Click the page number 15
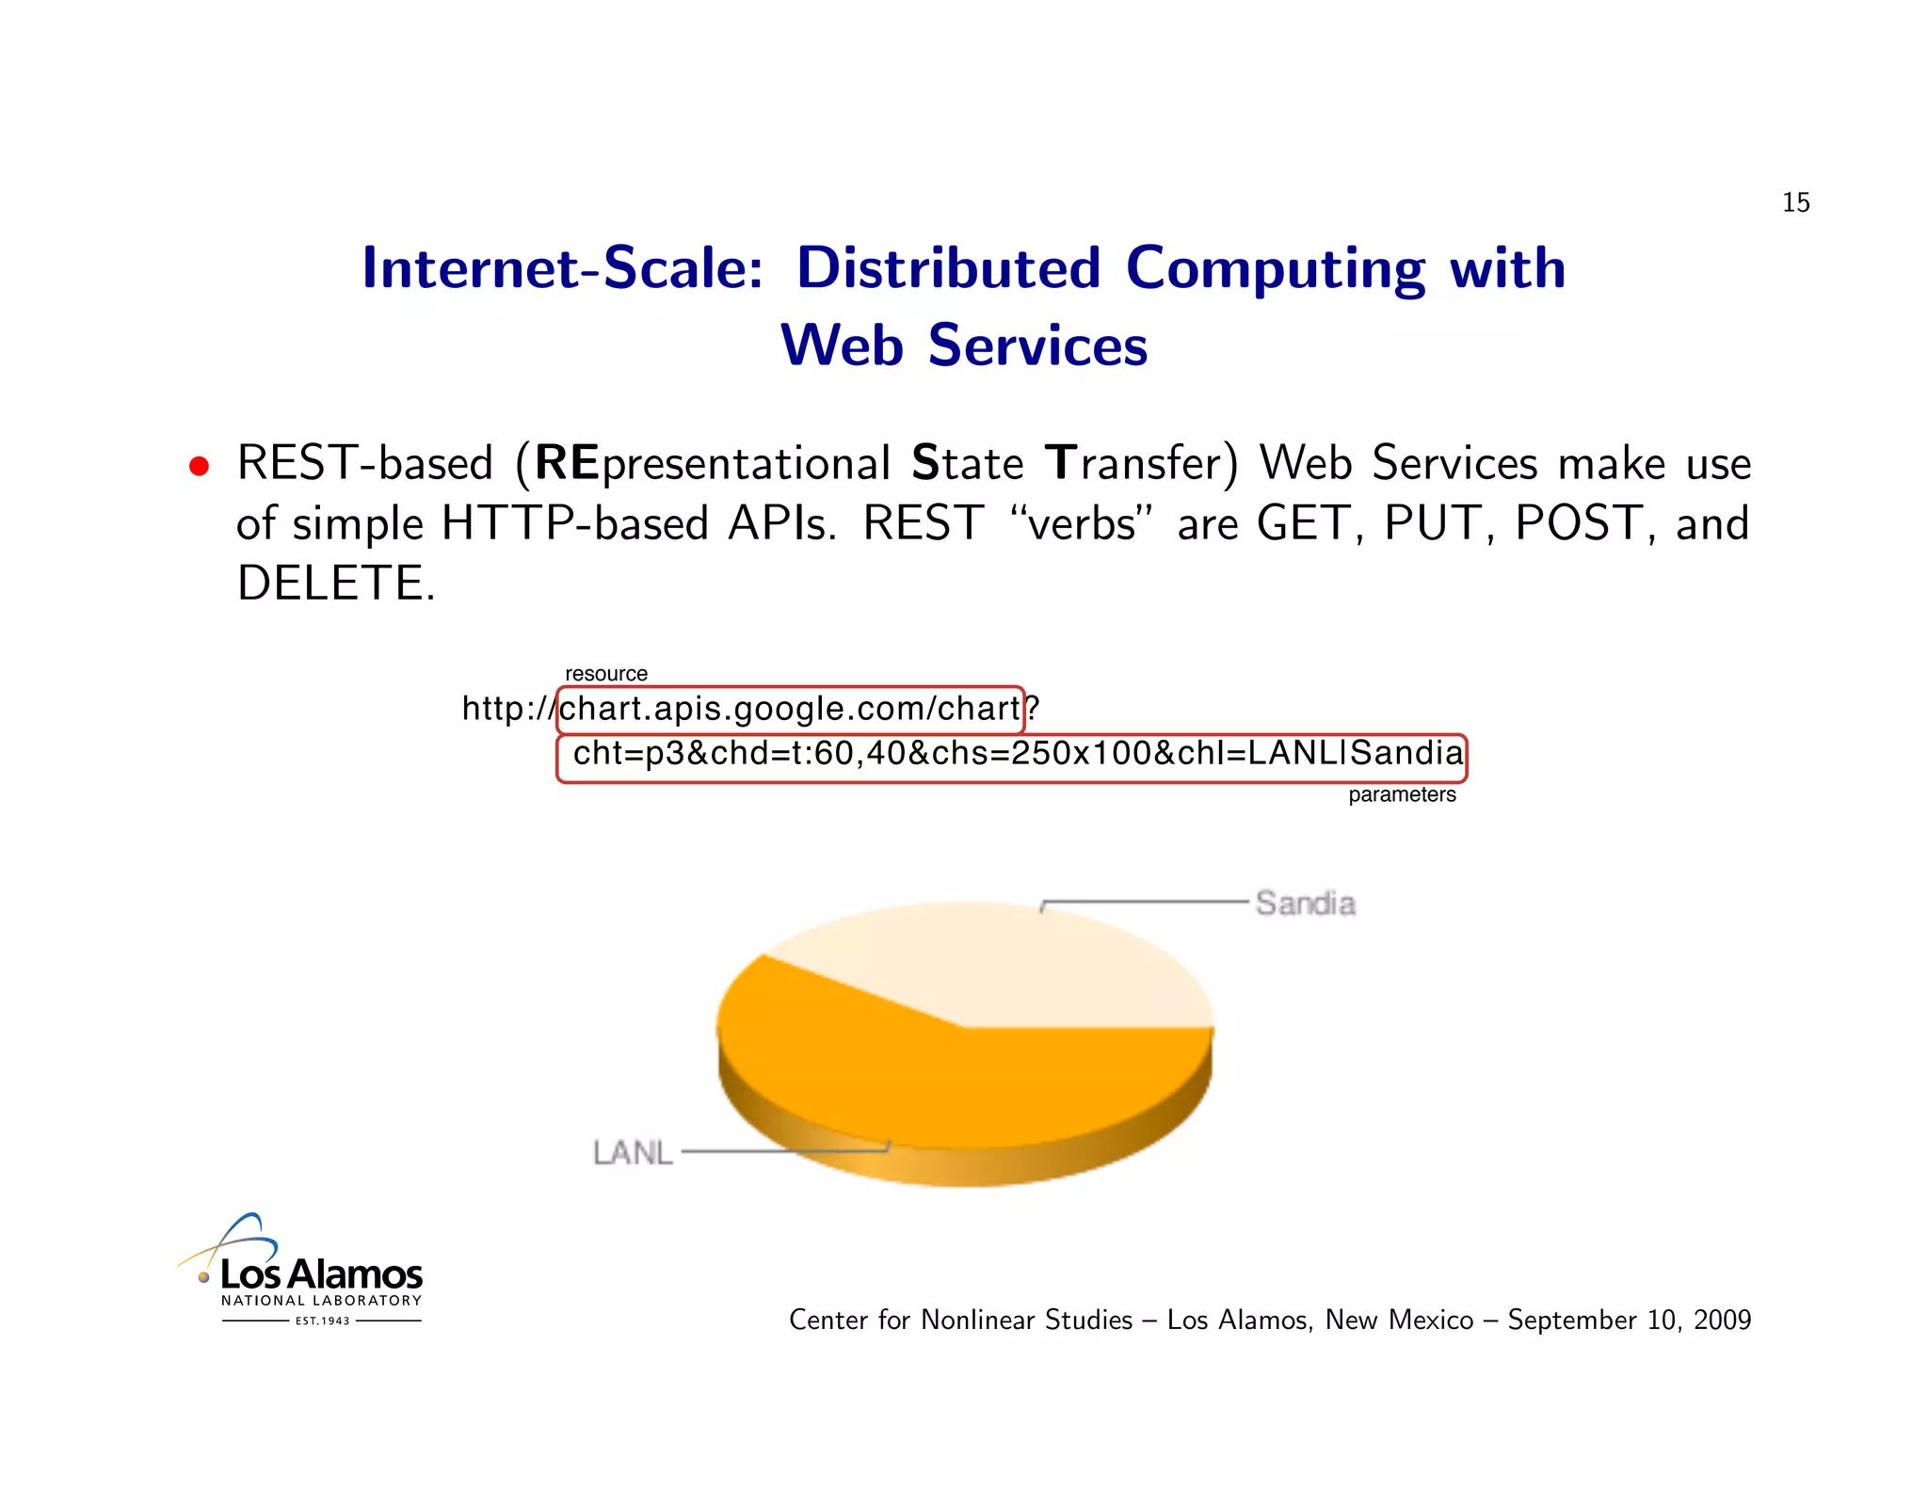(x=1794, y=202)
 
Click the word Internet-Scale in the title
(x=562, y=268)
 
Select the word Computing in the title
(x=1275, y=268)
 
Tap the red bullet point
(x=199, y=467)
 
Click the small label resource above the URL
(x=605, y=674)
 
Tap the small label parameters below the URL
(x=1401, y=794)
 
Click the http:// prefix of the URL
(x=507, y=709)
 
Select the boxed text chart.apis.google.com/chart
(x=789, y=709)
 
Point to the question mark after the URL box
(x=1033, y=709)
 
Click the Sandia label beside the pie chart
(x=1305, y=904)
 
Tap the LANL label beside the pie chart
(x=633, y=1152)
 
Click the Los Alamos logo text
(x=321, y=1274)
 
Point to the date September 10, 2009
(x=1629, y=1321)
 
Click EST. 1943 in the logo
(x=322, y=1321)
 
